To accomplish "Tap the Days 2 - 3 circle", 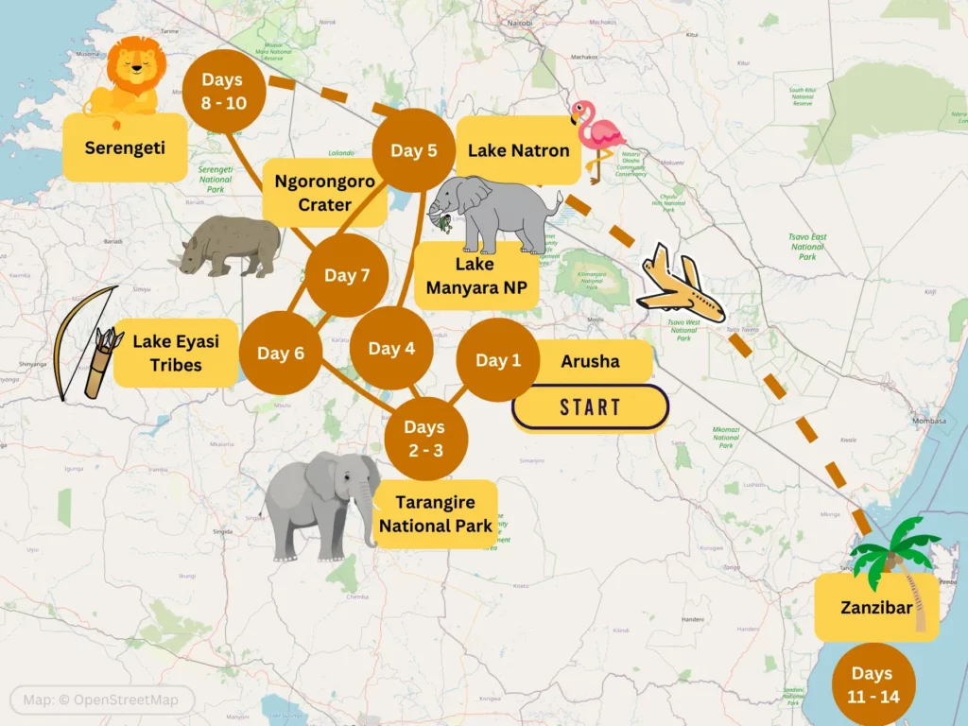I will (x=426, y=439).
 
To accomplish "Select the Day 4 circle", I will (x=391, y=349).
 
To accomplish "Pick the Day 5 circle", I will (x=413, y=150).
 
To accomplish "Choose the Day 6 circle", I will (x=280, y=353).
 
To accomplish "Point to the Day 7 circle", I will (x=347, y=275).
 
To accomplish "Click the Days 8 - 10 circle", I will (x=224, y=92).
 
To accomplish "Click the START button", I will (x=590, y=407).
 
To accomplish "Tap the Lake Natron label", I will (x=518, y=150).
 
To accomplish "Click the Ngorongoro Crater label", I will (x=325, y=193).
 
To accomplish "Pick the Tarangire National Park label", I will (x=435, y=513).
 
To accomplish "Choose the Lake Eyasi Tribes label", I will (x=176, y=352).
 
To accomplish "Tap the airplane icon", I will (x=681, y=285).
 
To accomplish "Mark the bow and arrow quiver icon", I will (x=87, y=342).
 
